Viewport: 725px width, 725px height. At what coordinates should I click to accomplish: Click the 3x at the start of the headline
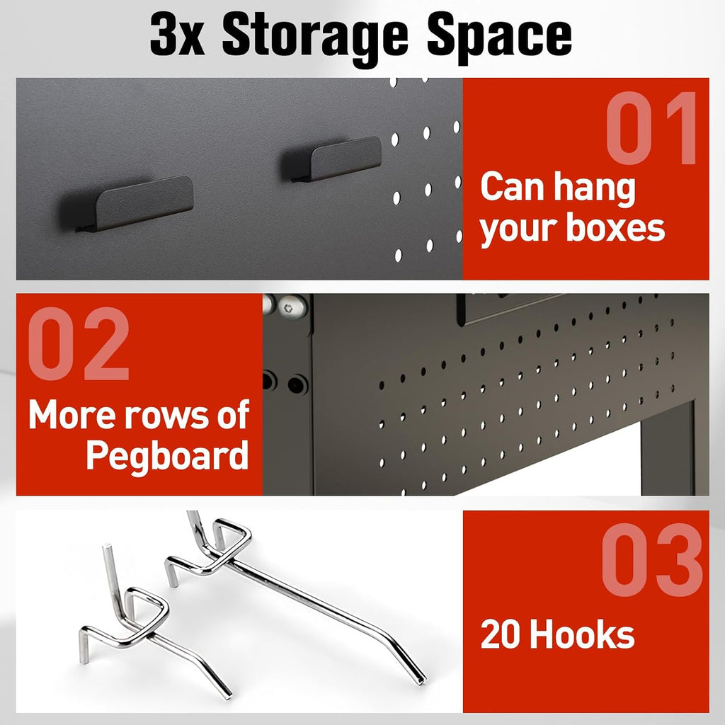pyautogui.click(x=177, y=35)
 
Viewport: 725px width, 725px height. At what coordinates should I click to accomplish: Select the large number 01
pyautogui.click(x=651, y=128)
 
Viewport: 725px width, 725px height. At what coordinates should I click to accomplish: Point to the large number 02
pyautogui.click(x=78, y=343)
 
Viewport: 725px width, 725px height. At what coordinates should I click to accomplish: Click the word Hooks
pyautogui.click(x=582, y=634)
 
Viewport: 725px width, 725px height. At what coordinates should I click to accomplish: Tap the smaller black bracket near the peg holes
pyautogui.click(x=335, y=159)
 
